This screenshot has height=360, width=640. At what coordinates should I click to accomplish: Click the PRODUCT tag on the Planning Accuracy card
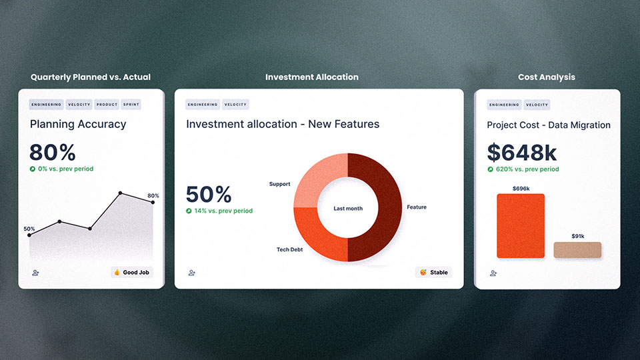107,105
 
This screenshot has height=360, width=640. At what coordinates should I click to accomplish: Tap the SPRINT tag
131,105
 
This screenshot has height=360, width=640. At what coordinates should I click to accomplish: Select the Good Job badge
132,272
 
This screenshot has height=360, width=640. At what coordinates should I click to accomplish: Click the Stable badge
433,272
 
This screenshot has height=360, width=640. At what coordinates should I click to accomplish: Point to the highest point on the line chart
120,193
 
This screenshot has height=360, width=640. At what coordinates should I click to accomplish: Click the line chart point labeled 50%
29,235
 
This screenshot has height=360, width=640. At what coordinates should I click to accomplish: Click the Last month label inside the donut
348,209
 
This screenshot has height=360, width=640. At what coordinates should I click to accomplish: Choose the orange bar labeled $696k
521,226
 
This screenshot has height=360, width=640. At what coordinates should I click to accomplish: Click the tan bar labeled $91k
577,250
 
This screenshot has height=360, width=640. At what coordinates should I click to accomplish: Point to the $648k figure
521,153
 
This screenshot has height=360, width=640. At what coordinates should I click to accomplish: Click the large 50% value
209,194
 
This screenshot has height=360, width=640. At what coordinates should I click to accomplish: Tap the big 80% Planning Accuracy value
52,153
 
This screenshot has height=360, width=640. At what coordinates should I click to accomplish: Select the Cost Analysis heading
547,77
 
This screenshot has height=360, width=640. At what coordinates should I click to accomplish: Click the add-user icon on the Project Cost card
493,273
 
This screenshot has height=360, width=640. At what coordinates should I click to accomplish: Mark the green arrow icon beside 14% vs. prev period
189,211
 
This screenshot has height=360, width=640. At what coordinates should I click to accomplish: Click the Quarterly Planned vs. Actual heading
91,77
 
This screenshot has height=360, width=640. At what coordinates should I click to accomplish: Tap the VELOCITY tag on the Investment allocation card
235,105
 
